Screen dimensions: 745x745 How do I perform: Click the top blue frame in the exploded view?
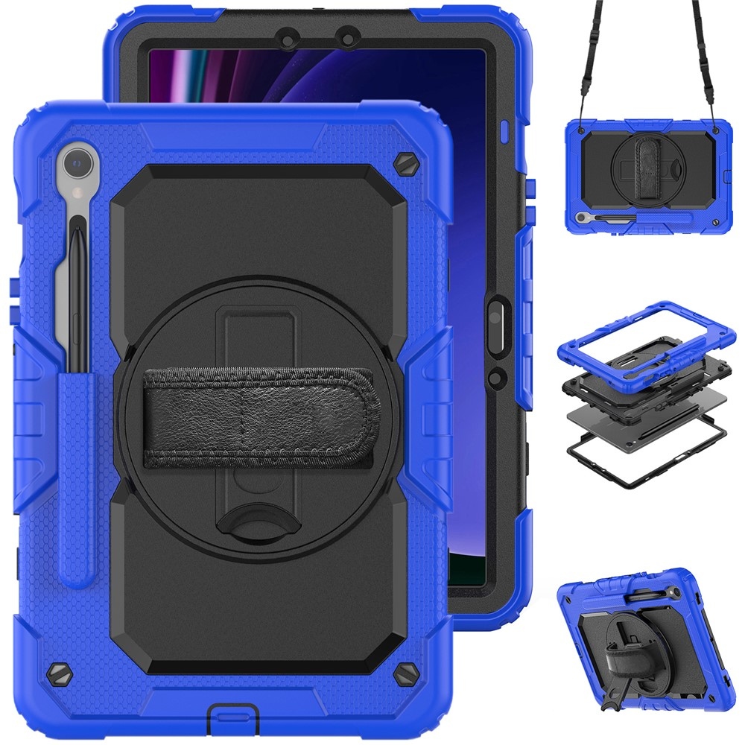(641, 328)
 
